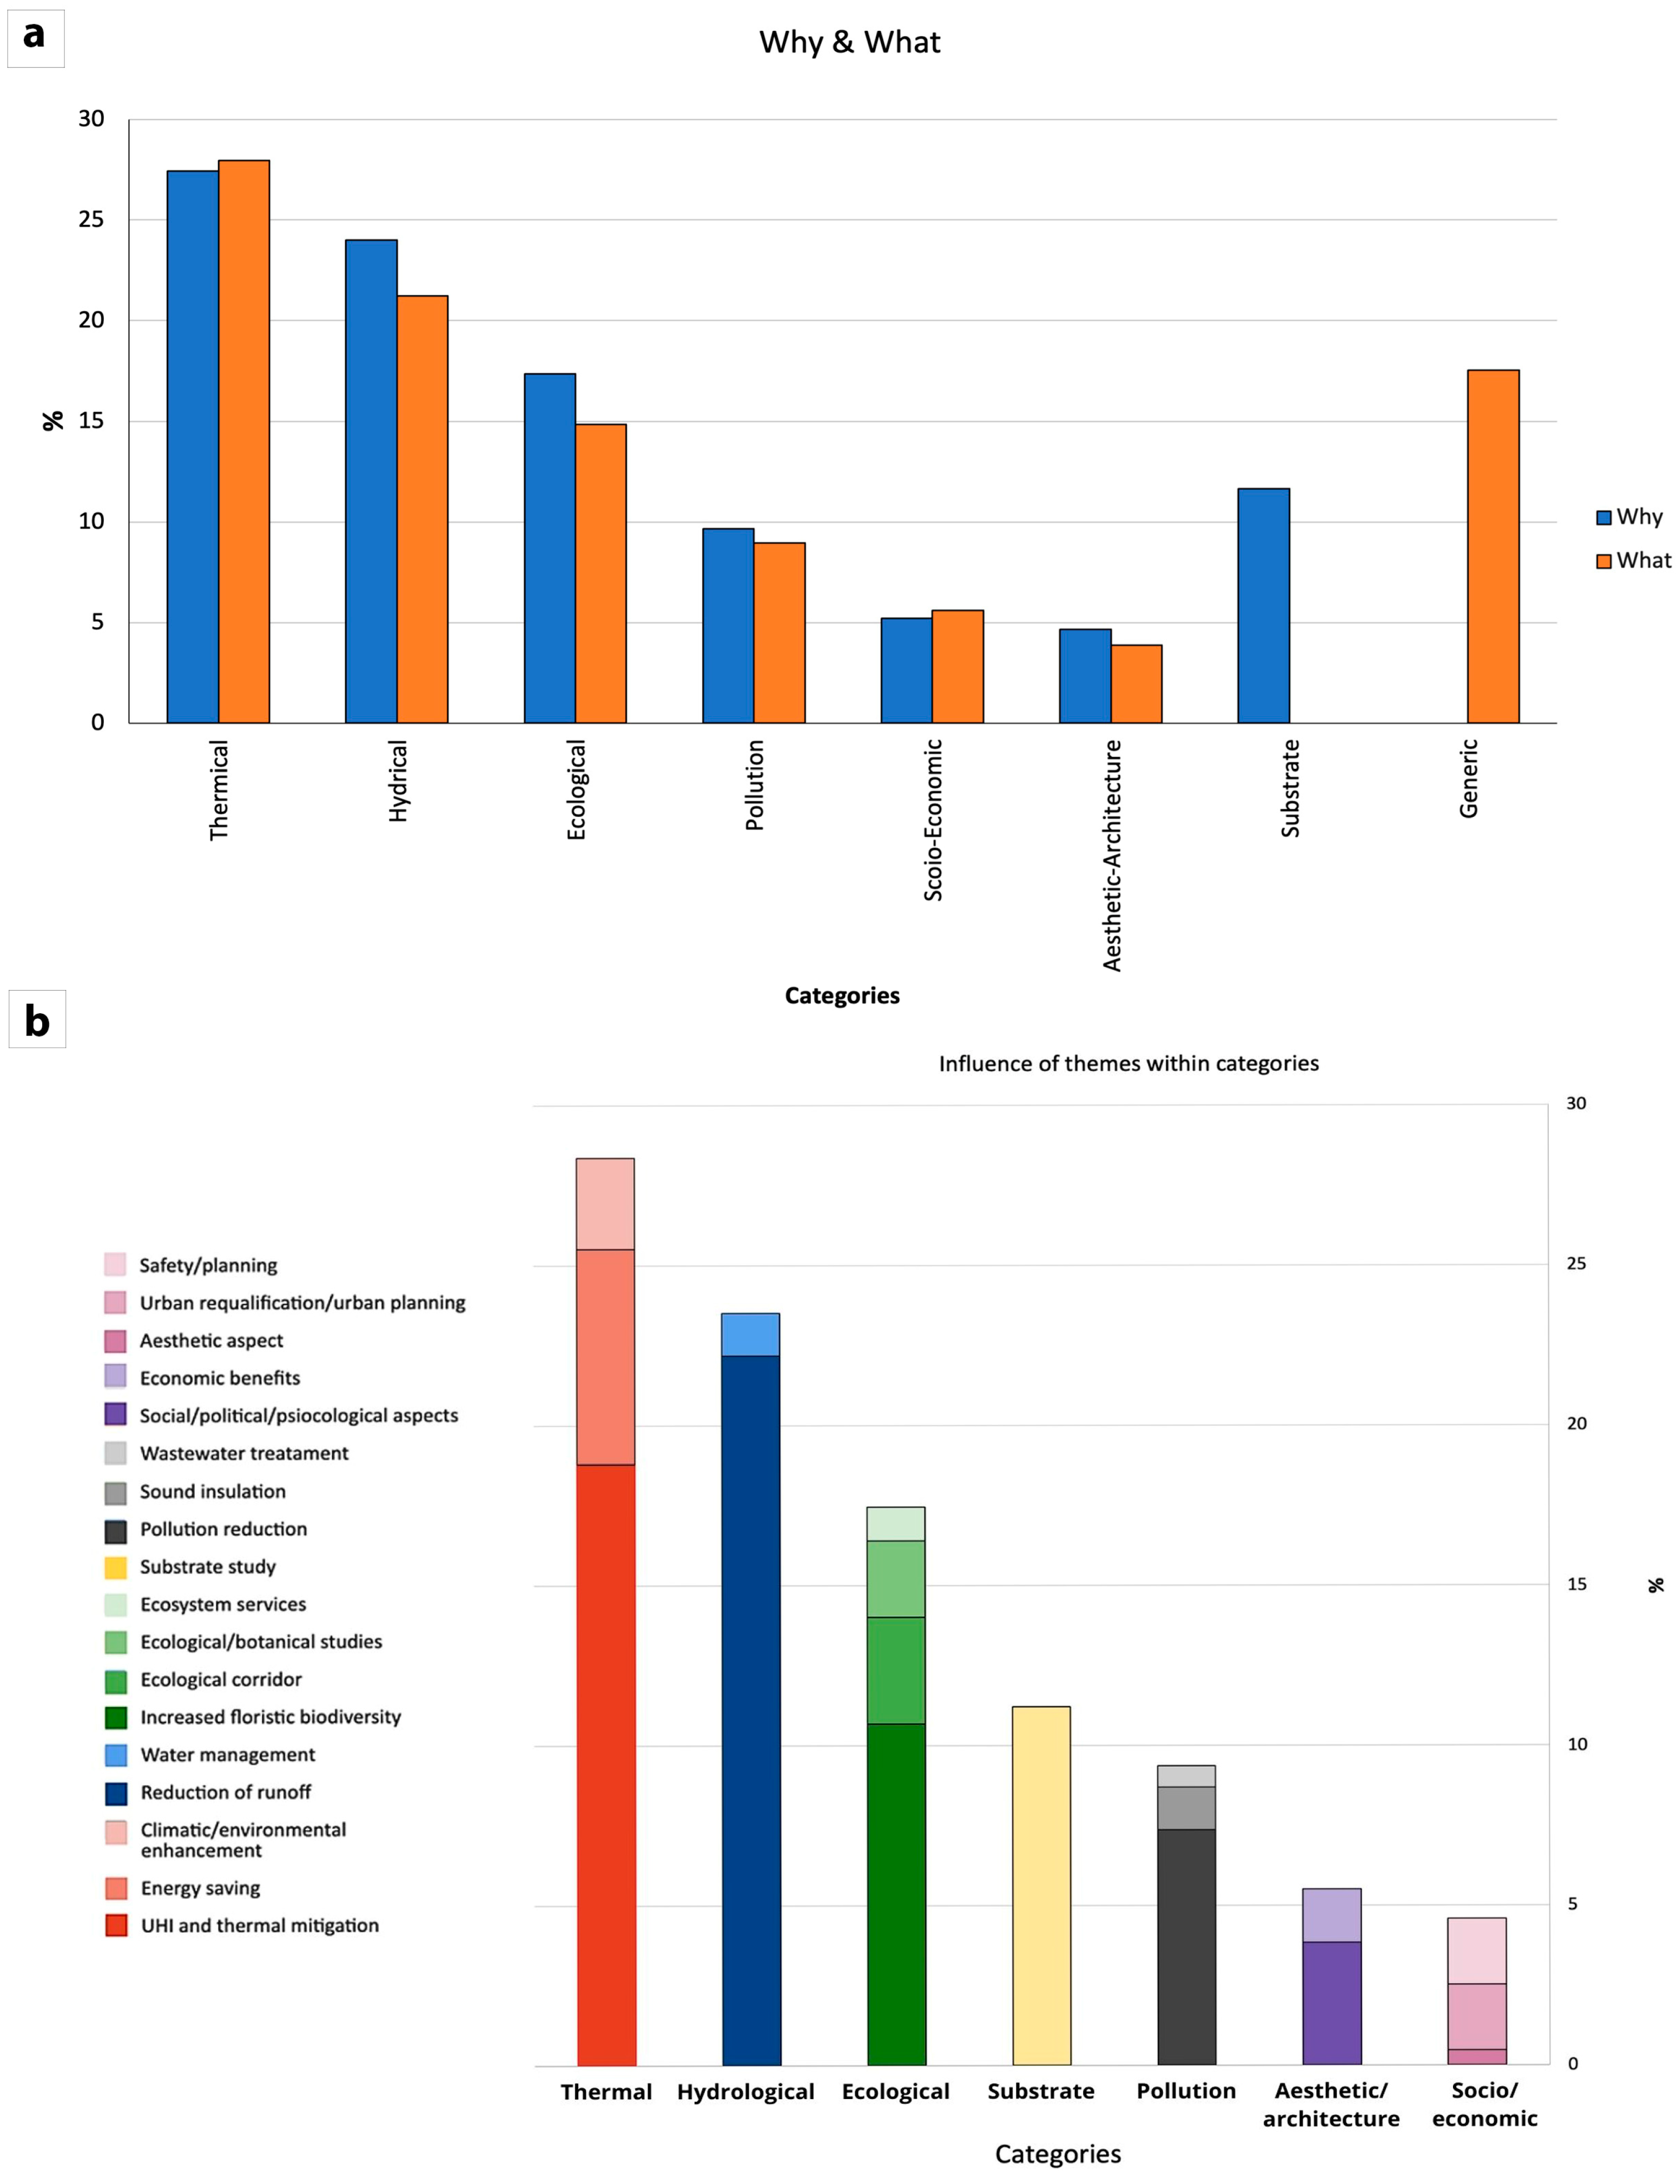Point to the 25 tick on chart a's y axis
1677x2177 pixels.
[91, 220]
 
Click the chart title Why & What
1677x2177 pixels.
[849, 42]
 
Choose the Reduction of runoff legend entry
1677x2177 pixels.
[226, 1792]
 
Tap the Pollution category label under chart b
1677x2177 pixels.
[1185, 2090]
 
